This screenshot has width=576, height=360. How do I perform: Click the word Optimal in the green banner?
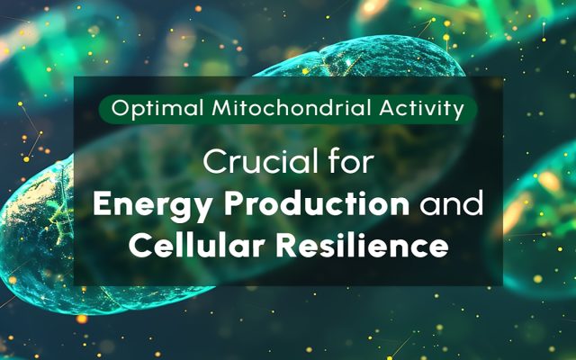pyautogui.click(x=157, y=109)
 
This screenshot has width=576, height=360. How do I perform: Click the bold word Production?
pyautogui.click(x=317, y=203)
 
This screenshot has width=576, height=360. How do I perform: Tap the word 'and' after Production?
pyautogui.click(x=452, y=203)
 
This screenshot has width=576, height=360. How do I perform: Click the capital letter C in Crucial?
pyautogui.click(x=215, y=162)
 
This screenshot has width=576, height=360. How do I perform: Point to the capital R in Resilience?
pyautogui.click(x=287, y=245)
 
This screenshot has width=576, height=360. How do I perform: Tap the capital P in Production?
pyautogui.click(x=234, y=204)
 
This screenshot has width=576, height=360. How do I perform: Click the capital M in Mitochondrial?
pyautogui.click(x=221, y=108)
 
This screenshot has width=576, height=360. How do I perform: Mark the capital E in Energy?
pyautogui.click(x=102, y=204)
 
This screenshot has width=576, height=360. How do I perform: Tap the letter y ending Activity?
pyautogui.click(x=457, y=112)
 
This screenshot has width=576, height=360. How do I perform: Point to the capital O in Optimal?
pyautogui.click(x=120, y=109)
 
